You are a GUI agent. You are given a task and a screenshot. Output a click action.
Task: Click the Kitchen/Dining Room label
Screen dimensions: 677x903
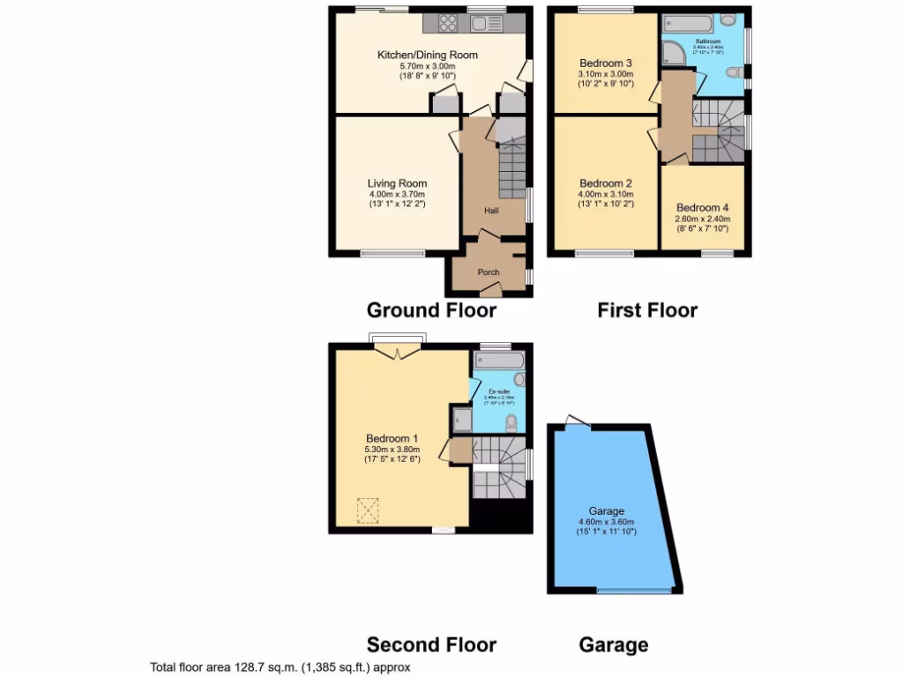pos(427,55)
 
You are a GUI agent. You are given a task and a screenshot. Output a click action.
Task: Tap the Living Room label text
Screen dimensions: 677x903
pos(397,183)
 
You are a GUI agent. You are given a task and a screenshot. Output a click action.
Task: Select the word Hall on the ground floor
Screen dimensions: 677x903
pos(491,211)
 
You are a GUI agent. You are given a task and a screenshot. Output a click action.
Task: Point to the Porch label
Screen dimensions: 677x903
pos(489,272)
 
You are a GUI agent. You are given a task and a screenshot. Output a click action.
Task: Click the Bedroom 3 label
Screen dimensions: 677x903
pos(605,63)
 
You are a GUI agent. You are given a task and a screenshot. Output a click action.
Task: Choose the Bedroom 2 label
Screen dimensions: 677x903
pos(605,183)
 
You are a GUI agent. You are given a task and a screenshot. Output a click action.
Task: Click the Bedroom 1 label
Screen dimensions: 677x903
pos(392,438)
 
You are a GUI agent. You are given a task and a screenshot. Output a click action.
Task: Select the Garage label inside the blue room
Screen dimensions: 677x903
pos(607,511)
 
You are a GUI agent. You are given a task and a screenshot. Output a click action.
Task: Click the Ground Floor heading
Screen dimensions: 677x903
pos(431,310)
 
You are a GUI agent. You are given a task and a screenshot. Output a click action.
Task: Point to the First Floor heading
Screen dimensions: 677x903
pos(647,310)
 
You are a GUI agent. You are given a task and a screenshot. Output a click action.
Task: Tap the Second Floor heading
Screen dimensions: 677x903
pos(431,645)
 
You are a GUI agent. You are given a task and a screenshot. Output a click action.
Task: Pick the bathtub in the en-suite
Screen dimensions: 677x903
pos(499,361)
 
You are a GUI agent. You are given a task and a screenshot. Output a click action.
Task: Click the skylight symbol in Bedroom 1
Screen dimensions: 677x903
pos(367,510)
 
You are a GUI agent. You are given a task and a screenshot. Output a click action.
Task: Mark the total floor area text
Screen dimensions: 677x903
pos(280,668)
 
